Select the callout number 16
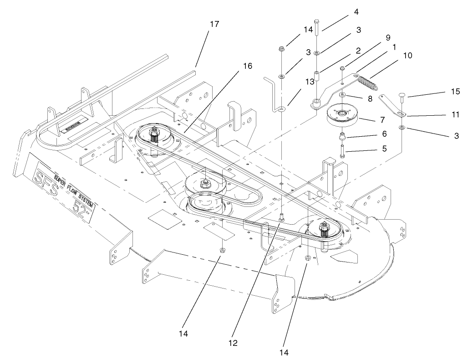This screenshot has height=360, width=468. [x=247, y=66]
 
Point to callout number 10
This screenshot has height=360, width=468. [x=407, y=55]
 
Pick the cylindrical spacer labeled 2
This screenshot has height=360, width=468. [x=316, y=75]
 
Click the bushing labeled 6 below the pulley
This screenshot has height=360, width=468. [x=342, y=137]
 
